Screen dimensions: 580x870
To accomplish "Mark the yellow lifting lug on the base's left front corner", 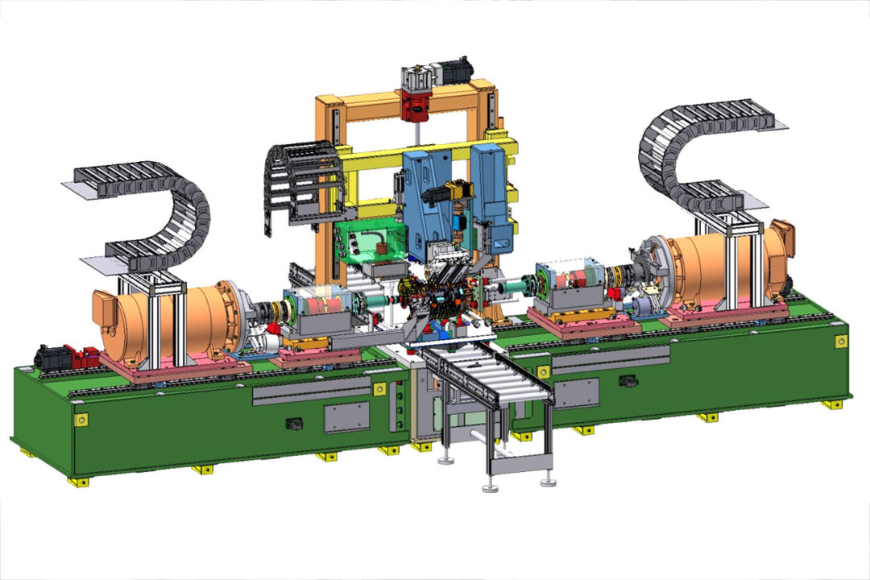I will tap(81, 420).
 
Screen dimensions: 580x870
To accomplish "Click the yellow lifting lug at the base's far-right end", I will tap(840, 342).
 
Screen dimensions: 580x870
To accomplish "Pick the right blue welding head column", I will tap(492, 193).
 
